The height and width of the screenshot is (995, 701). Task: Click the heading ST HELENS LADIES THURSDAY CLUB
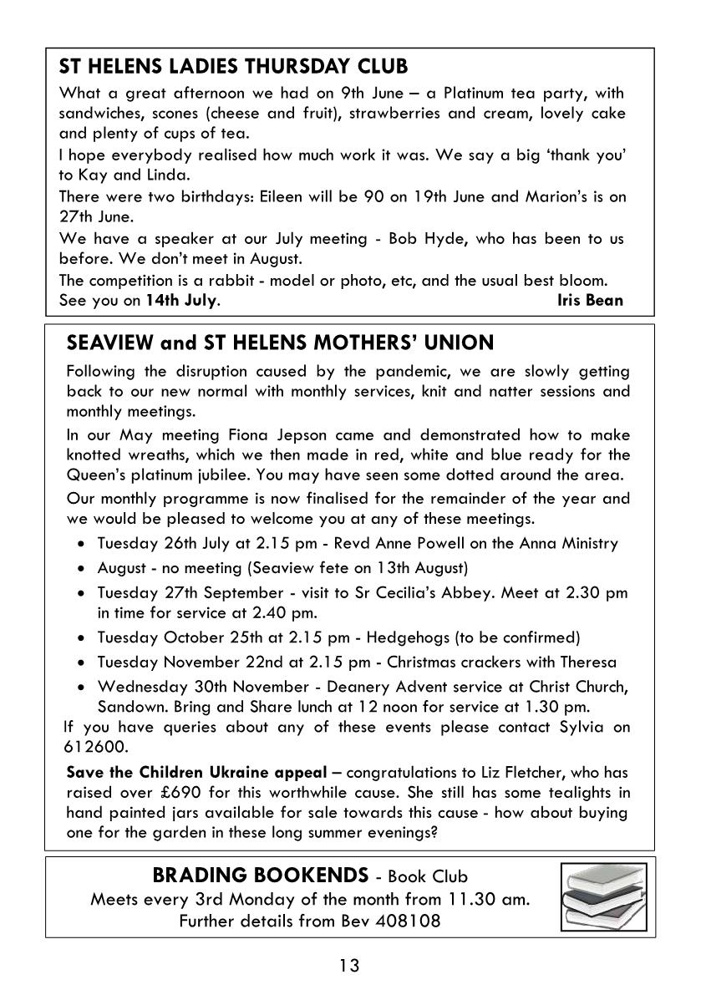coord(234,66)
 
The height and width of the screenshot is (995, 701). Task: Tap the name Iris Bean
coord(590,300)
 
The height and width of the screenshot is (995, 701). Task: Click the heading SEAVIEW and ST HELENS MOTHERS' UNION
coord(280,343)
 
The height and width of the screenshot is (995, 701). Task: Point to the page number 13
coord(349,967)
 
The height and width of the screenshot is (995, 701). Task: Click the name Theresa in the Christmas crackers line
coord(588,662)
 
